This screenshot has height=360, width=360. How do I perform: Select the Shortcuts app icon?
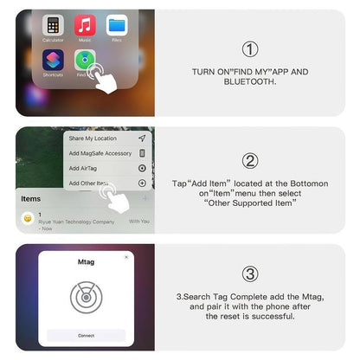pyautogui.click(x=54, y=60)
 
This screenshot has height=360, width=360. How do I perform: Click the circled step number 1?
pyautogui.click(x=250, y=49)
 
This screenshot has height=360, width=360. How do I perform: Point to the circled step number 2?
pyautogui.click(x=250, y=160)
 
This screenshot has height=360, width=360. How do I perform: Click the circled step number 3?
pyautogui.click(x=250, y=273)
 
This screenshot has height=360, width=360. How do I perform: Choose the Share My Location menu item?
pyautogui.click(x=93, y=138)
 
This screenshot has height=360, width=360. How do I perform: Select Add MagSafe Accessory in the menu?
pyautogui.click(x=100, y=153)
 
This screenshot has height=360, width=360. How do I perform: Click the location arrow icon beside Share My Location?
pyautogui.click(x=142, y=138)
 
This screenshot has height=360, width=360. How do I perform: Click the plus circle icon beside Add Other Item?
pyautogui.click(x=142, y=183)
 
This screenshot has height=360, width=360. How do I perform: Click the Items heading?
pyautogui.click(x=31, y=198)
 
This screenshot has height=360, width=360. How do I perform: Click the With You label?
pyautogui.click(x=139, y=221)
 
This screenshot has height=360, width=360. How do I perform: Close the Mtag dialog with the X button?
pyautogui.click(x=126, y=256)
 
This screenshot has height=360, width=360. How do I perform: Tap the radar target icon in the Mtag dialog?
pyautogui.click(x=87, y=297)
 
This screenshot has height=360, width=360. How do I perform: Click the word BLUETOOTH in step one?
pyautogui.click(x=251, y=83)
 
